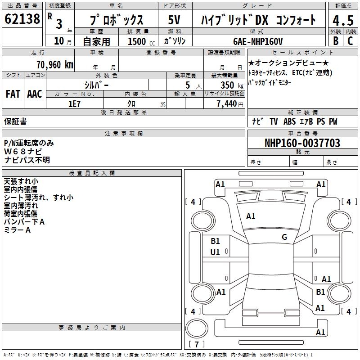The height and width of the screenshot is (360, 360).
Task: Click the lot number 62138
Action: (x=22, y=19)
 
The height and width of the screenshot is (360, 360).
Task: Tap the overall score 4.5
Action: (x=343, y=20)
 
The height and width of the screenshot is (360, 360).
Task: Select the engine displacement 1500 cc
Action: (x=139, y=41)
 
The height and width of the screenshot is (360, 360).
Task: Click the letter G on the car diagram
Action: (x=284, y=237)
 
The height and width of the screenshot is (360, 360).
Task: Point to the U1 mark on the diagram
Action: (x=215, y=252)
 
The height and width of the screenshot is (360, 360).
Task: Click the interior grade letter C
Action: (x=350, y=41)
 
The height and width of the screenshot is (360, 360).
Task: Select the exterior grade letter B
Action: (x=335, y=41)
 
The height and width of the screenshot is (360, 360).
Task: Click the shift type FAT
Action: (x=13, y=94)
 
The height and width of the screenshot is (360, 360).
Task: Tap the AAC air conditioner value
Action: (x=34, y=94)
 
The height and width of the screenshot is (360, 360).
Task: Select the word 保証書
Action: (x=15, y=121)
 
